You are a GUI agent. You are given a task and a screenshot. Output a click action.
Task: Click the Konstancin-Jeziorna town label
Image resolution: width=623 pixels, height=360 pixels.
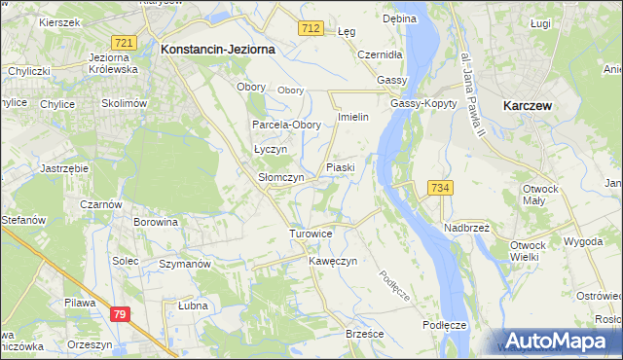(x=218, y=48)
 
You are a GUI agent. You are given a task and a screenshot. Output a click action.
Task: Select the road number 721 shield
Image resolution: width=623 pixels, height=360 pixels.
(x=124, y=44)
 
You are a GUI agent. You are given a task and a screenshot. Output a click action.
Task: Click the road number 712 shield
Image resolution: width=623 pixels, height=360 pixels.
(x=311, y=30)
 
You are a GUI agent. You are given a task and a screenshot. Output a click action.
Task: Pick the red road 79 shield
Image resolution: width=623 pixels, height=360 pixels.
(x=120, y=313)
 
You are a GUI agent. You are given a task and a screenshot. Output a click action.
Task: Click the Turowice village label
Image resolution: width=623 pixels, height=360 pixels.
(x=311, y=234)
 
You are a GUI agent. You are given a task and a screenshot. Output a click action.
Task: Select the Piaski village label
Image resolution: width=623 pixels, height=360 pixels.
(x=341, y=167)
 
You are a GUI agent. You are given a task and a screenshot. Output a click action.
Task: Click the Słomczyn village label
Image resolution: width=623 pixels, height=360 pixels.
(x=281, y=178)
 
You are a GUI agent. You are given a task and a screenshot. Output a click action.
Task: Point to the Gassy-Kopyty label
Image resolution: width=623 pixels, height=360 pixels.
(x=418, y=103)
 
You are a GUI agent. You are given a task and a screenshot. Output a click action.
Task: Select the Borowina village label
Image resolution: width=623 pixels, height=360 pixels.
(x=156, y=222)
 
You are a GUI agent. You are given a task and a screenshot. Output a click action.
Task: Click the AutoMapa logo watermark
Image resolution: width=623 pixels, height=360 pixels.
(x=556, y=341)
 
